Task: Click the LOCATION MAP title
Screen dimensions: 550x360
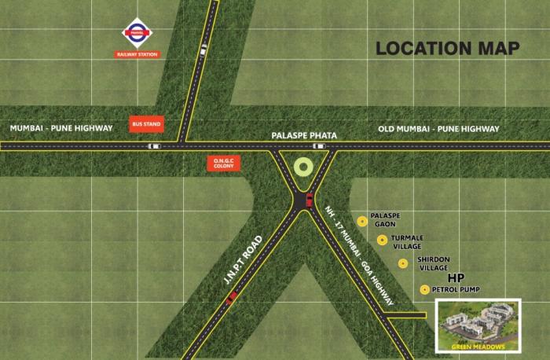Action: [x=447, y=48]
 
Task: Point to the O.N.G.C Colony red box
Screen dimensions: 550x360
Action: [x=221, y=163]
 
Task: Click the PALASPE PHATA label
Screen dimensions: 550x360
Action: [x=303, y=136]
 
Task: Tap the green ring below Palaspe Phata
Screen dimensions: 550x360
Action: [x=302, y=167]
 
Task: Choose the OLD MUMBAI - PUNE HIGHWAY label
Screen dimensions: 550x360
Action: [x=438, y=129]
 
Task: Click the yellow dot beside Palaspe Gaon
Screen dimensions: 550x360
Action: [x=362, y=221]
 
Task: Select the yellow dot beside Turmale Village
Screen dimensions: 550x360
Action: [x=382, y=240]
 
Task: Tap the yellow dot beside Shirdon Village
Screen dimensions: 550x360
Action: [x=403, y=263]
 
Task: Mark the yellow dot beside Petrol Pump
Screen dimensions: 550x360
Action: [x=425, y=289]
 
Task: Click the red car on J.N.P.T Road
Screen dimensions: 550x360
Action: [x=230, y=299]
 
